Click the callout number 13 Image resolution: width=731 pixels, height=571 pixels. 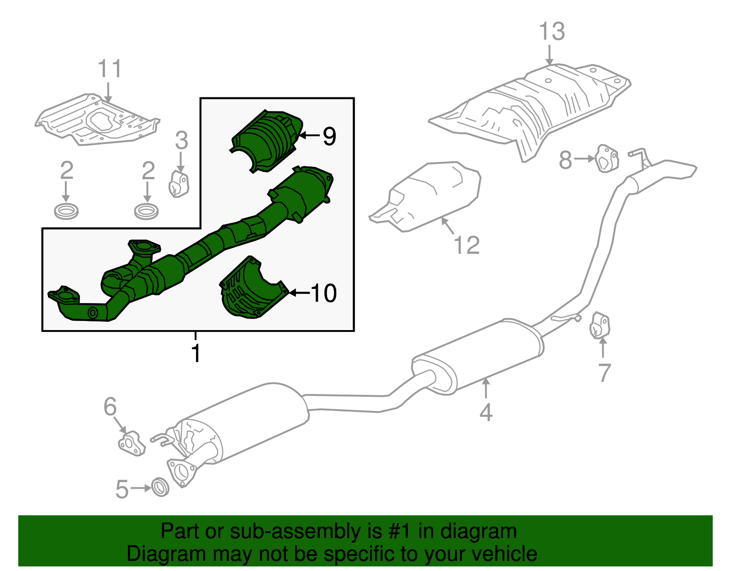pos(551,32)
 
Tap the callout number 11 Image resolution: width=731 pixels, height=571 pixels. pos(110,69)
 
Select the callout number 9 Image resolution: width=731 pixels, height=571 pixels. pos(329,136)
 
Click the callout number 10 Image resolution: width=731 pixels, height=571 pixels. pos(323,293)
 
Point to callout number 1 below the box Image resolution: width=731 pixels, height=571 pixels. pos(196,353)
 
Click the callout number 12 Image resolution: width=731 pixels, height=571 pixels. pos(467,245)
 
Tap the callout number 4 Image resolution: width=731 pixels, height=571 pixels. pos(486,412)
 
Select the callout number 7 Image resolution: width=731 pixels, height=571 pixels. pos(604,373)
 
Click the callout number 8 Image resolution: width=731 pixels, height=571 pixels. pos(566,160)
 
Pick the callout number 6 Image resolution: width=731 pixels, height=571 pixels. pos(110,406)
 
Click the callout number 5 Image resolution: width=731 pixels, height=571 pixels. pos(122,489)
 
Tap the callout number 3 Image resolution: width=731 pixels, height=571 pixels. pos(181,141)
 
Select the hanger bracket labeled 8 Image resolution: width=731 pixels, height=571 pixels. pos(607,158)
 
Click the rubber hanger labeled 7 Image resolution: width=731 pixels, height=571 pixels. pos(600,326)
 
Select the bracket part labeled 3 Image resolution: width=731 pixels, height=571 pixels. pos(179,184)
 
